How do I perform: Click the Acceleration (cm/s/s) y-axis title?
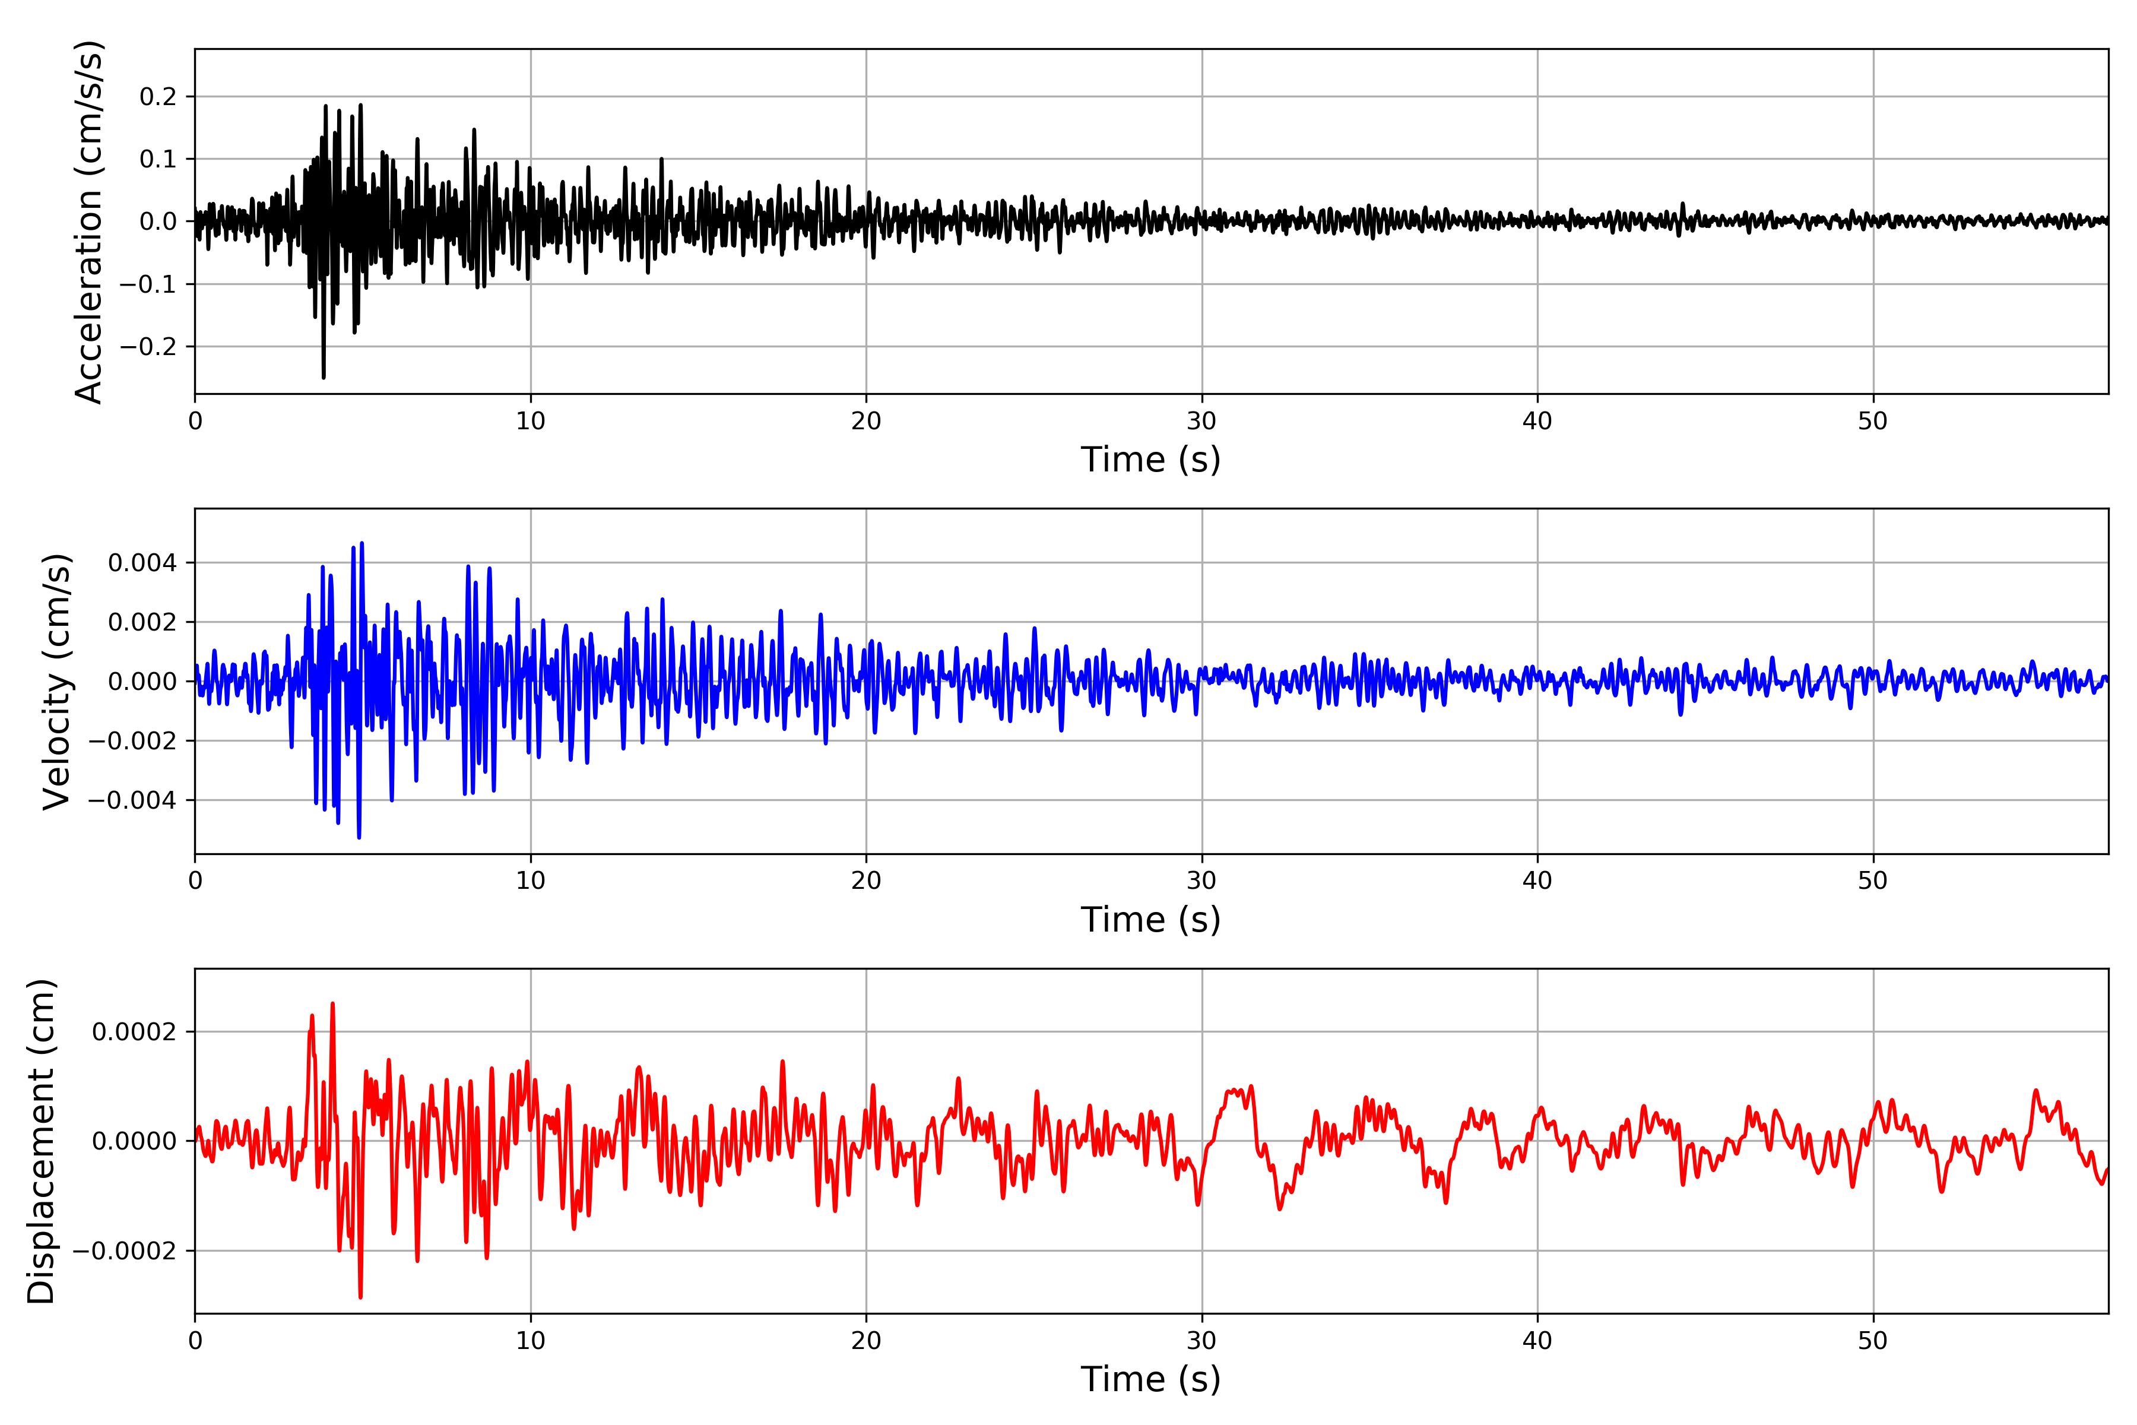pos(89,221)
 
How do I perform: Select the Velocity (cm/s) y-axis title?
pos(57,682)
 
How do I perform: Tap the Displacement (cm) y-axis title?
pos(42,1141)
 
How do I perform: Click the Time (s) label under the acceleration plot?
pos(1150,460)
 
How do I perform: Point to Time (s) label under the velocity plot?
pos(1150,920)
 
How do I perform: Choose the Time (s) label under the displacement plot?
pos(1150,1379)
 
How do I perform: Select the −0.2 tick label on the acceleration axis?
pos(148,347)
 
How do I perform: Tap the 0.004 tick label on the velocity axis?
pos(142,563)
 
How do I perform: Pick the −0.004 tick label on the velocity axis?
pos(132,800)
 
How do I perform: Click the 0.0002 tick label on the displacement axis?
pos(135,1033)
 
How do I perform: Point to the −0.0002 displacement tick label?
pos(125,1252)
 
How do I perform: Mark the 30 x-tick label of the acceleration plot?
pos(1201,422)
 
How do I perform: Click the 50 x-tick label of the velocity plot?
pos(1873,881)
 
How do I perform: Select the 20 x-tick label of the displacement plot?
pos(866,1341)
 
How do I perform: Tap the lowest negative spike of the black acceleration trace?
pos(324,377)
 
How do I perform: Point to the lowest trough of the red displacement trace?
pos(361,1297)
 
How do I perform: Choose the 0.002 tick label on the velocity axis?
pos(142,622)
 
